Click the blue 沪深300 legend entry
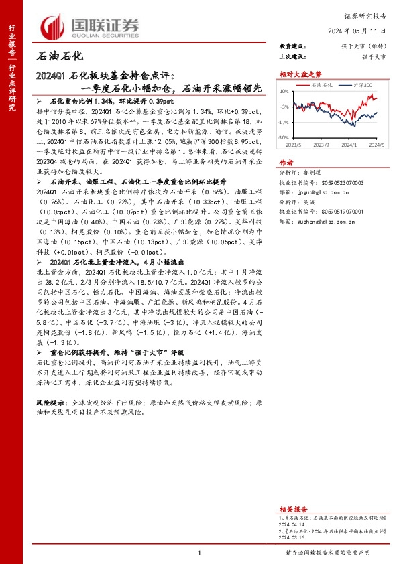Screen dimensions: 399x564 tap(361, 85)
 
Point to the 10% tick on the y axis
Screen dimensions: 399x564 tap(284, 91)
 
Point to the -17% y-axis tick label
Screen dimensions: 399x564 tap(284, 122)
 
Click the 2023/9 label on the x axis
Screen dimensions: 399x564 tap(321, 144)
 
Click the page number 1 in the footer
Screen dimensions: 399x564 tap(199, 552)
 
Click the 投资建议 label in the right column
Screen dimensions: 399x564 tap(294, 46)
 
